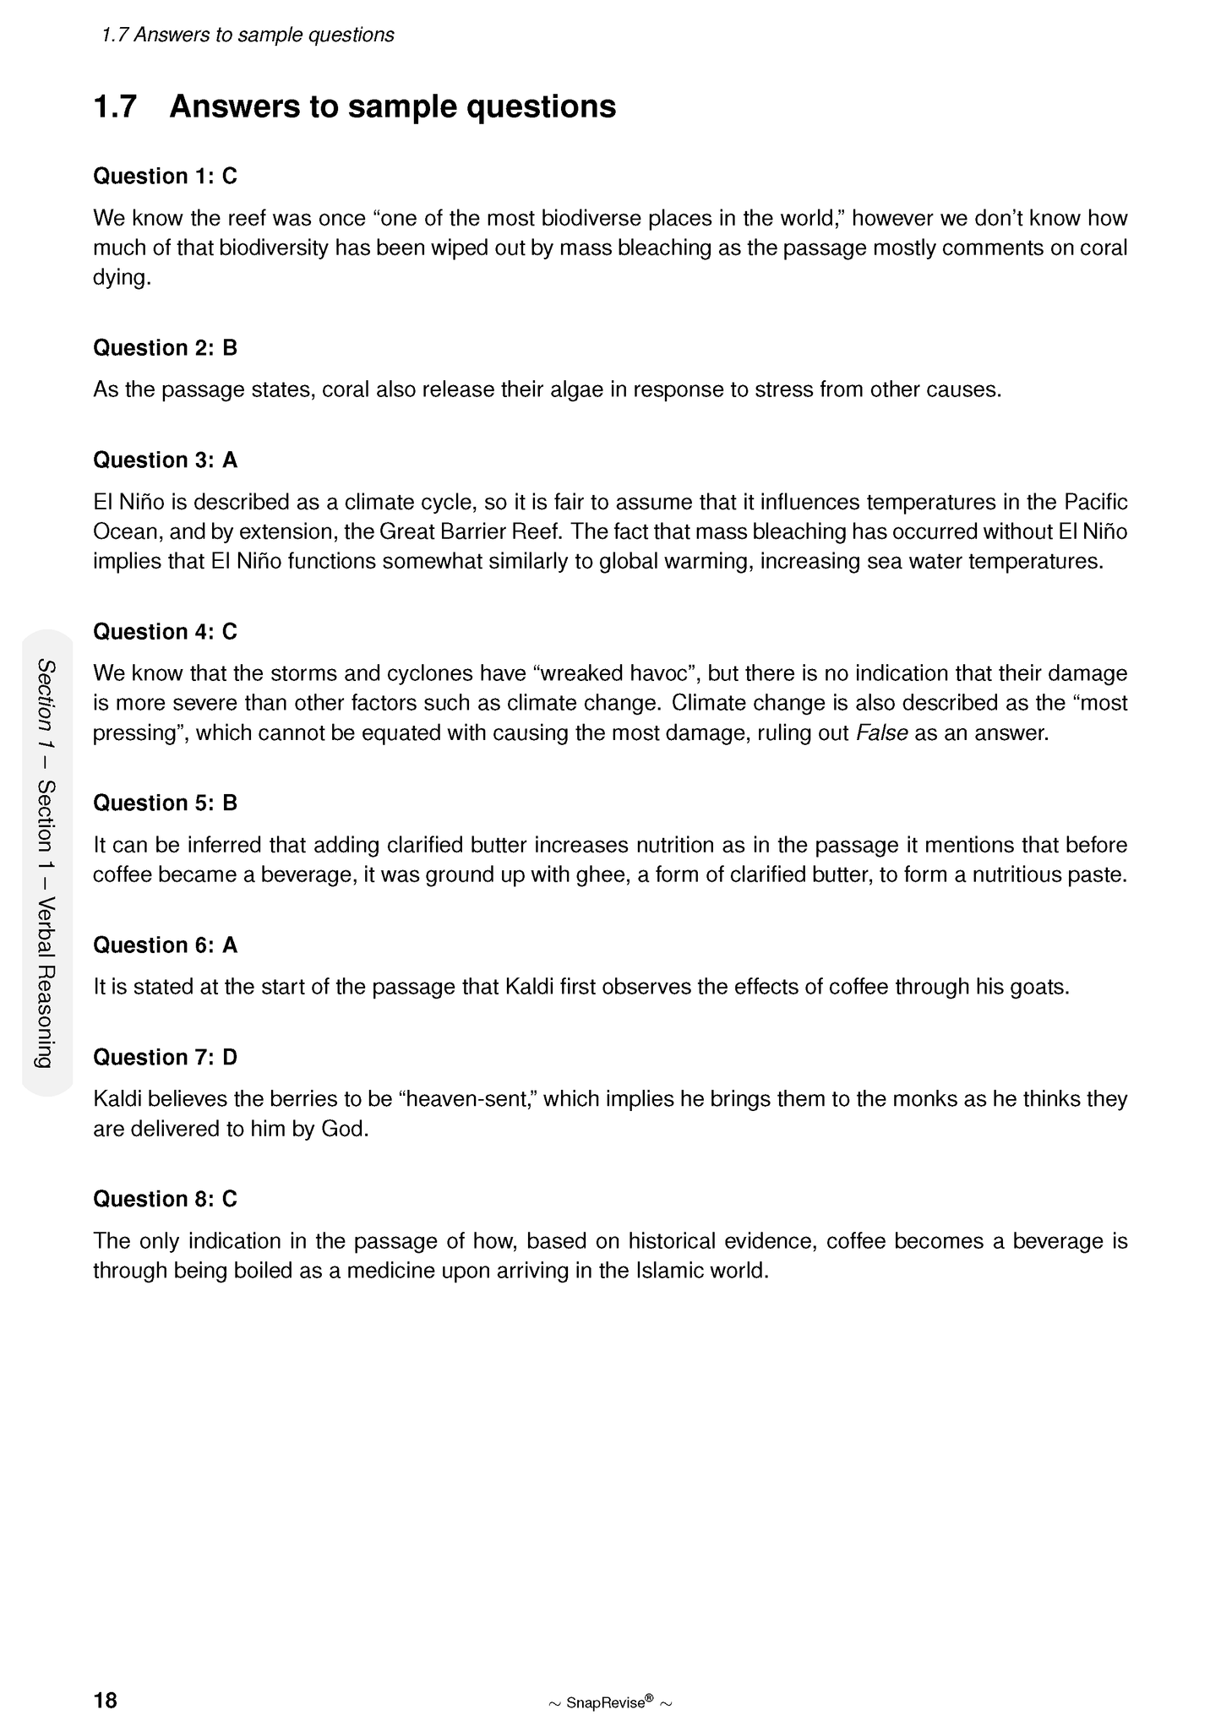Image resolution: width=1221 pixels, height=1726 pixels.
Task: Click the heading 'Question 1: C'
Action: [165, 177]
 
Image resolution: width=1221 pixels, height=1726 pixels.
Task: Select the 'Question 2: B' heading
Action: [165, 348]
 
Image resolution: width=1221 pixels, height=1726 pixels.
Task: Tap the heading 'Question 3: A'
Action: [165, 460]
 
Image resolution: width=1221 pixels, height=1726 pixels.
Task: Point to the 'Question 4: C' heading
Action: [165, 632]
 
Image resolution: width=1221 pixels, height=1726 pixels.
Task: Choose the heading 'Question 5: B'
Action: [165, 803]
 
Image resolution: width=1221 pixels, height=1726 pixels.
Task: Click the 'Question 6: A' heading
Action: [165, 945]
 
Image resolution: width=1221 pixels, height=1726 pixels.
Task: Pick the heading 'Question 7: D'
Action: [165, 1058]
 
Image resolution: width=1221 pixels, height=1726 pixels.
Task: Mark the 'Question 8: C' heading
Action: [165, 1200]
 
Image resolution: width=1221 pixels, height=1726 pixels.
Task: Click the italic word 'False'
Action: [881, 733]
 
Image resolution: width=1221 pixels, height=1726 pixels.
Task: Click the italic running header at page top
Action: [247, 35]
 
